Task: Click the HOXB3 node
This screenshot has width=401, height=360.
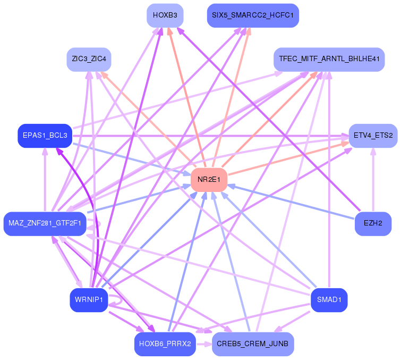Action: coord(165,15)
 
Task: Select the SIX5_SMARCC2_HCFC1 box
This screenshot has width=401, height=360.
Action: coord(252,15)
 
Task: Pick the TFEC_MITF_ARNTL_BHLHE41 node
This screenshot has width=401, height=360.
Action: coord(329,59)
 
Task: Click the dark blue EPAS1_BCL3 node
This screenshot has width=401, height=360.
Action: coord(45,136)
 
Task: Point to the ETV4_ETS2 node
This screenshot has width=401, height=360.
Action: coord(373,136)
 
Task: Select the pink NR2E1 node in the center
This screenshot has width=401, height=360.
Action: coord(209,180)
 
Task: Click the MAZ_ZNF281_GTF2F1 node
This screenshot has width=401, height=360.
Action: coord(45,223)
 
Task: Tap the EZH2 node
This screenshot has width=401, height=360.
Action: coord(373,223)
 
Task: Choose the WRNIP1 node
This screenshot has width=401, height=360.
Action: coord(89,300)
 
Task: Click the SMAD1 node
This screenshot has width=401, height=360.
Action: coord(329,300)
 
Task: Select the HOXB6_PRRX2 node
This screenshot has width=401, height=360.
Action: coord(165,344)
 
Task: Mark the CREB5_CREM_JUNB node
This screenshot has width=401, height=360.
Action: coord(252,344)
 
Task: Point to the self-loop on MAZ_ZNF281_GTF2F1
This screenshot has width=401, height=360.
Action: coord(96,227)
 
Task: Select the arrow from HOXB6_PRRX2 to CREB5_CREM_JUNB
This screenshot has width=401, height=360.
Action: coord(204,344)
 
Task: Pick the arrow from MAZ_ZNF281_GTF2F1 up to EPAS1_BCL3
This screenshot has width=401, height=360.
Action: coord(45,181)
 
